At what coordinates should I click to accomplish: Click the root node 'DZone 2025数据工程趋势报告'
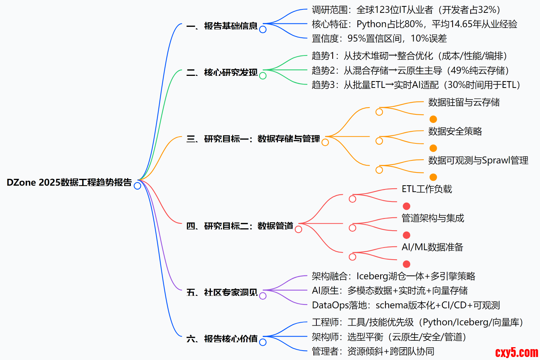(69, 182)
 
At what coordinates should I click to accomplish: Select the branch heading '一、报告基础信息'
(222, 26)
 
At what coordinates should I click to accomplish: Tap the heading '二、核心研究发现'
(222, 72)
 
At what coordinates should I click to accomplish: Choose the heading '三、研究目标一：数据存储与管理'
(253, 139)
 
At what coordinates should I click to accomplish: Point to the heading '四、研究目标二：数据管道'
(240, 226)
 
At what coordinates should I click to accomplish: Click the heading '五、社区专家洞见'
(222, 292)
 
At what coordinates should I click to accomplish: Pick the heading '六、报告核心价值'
(222, 339)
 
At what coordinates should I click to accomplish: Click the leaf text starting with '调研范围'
(406, 10)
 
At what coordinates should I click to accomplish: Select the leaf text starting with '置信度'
(379, 38)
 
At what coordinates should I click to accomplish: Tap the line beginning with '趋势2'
(410, 71)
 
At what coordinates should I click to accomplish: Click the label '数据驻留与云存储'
(464, 102)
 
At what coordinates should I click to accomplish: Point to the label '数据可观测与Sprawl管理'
(478, 160)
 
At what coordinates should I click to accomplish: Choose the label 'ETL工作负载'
(427, 189)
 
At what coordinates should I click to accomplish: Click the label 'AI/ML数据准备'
(432, 247)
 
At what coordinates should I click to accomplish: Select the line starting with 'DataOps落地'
(406, 305)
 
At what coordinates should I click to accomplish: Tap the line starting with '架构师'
(389, 337)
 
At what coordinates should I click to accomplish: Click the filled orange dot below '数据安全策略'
(433, 148)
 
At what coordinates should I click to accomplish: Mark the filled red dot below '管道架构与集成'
(407, 235)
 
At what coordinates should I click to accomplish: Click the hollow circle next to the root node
(138, 186)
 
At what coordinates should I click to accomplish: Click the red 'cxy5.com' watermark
(516, 352)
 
